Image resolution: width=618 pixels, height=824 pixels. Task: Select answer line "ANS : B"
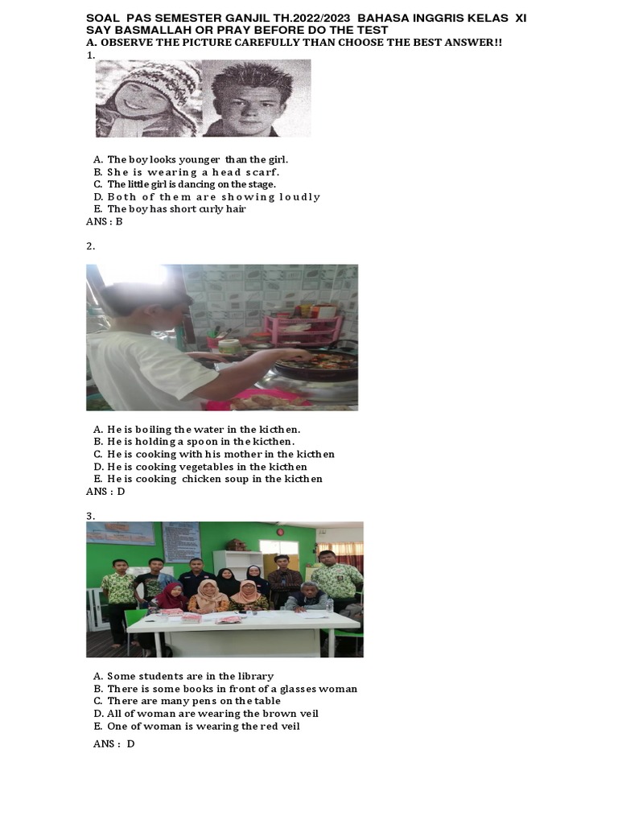pos(104,221)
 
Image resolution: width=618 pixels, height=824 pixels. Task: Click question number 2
pos(91,246)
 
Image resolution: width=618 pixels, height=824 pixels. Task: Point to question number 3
pos(91,515)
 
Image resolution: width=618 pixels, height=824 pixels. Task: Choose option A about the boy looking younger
pos(197,159)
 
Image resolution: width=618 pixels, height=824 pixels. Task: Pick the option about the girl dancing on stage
pos(191,184)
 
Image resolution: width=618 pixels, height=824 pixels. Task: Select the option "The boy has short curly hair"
pos(175,209)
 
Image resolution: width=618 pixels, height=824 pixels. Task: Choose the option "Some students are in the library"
pos(190,676)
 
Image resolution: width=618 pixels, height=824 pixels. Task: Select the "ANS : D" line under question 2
pos(105,491)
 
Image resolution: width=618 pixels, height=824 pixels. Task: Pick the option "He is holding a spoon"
pos(200,442)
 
